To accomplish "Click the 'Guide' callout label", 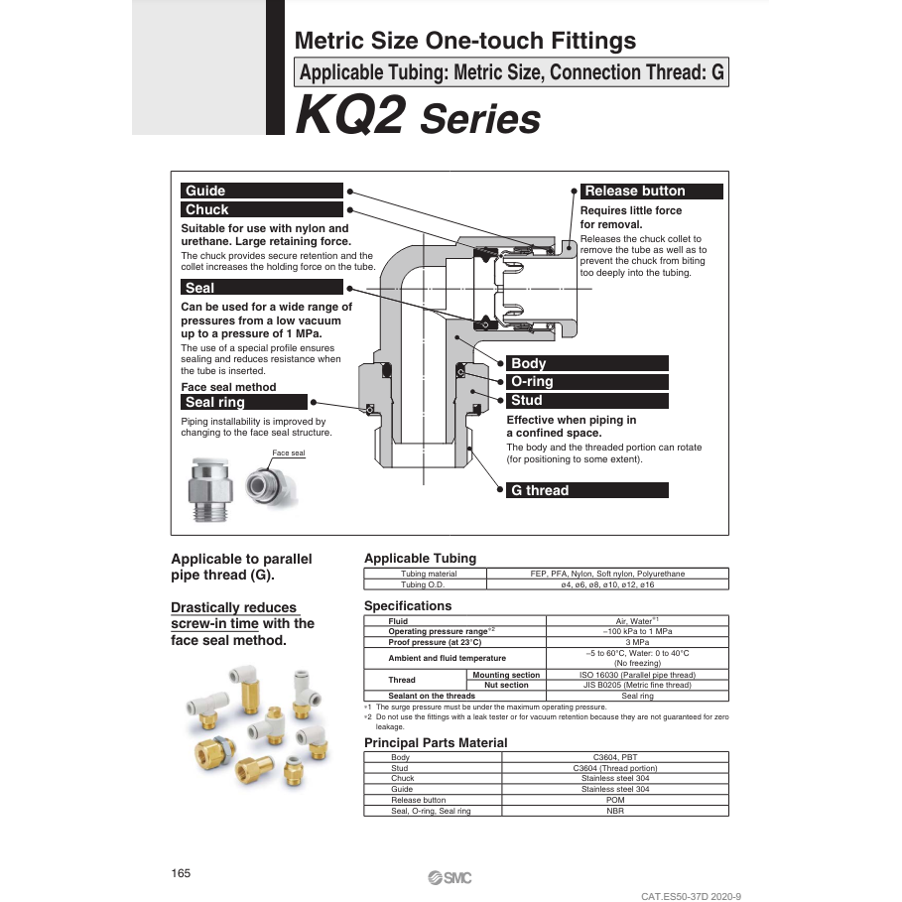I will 206,191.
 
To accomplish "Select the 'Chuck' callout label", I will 207,209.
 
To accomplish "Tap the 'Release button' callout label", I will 635,192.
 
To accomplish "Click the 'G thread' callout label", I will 540,490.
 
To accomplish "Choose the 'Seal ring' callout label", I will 215,402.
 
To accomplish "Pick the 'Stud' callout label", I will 526,401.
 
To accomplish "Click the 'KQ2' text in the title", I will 350,116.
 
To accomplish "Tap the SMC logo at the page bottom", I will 451,876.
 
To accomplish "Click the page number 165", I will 181,873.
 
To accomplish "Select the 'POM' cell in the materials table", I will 615,800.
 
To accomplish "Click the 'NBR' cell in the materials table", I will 615,811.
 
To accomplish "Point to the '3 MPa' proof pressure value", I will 637,643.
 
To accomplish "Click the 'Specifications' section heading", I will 408,606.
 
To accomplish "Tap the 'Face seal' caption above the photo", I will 289,453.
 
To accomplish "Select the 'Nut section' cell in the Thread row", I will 506,686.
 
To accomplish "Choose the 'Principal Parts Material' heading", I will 436,743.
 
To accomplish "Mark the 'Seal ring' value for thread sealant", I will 637,696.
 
